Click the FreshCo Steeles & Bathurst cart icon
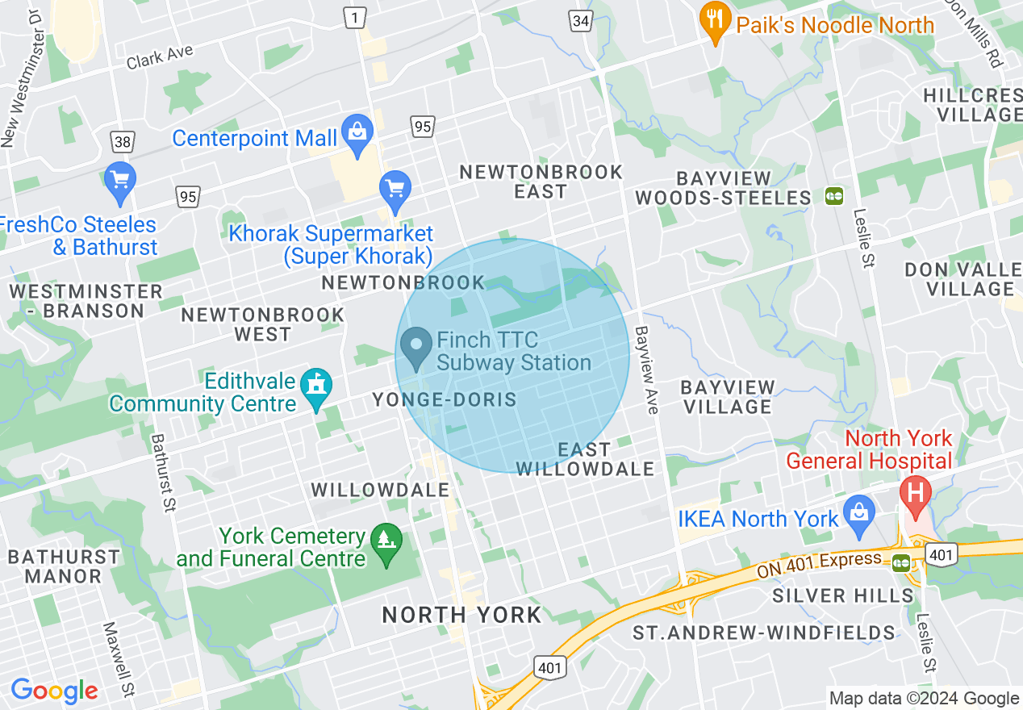point(120,181)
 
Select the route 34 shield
point(580,22)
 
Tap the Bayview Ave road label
point(647,370)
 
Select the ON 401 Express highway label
point(820,565)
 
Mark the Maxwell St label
point(119,659)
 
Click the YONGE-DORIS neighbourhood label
point(444,399)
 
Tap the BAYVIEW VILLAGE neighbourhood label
point(729,397)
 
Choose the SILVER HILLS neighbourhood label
point(843,596)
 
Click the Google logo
point(54,691)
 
